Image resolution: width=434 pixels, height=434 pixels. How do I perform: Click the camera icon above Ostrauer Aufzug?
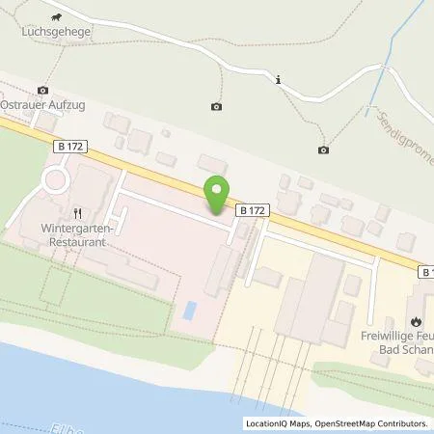[x=41, y=89]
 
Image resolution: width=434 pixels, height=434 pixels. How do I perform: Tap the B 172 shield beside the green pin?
[x=252, y=209]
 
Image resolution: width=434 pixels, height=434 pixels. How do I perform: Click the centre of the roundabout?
[x=55, y=179]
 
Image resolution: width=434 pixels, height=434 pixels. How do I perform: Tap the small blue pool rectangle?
[x=190, y=311]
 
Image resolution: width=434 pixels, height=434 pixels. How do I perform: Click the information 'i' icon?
[x=278, y=80]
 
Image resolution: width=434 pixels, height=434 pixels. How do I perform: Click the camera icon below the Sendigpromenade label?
[x=323, y=149]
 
